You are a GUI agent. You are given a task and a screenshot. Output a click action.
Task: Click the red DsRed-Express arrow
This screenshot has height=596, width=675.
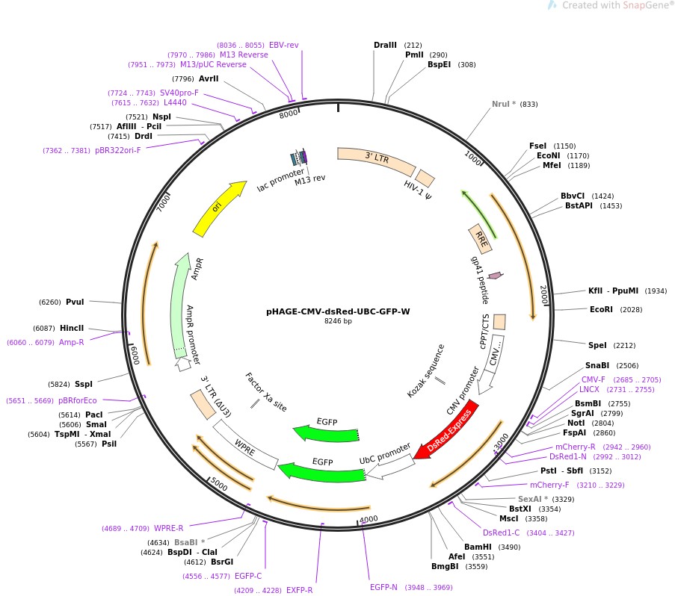tap(446, 432)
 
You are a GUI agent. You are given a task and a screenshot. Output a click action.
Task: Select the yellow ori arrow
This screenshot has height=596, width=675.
tap(218, 208)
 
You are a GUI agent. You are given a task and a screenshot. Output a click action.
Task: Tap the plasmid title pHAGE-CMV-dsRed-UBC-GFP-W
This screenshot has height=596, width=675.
tap(338, 312)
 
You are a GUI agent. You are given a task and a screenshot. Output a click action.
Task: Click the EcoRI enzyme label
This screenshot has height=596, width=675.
tap(600, 309)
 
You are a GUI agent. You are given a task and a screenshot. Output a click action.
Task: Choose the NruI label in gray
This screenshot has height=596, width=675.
tap(504, 104)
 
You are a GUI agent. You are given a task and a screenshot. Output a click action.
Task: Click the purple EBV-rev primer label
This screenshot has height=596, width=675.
tap(283, 45)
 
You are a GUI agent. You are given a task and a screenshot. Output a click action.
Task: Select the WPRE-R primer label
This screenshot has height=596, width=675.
tap(168, 528)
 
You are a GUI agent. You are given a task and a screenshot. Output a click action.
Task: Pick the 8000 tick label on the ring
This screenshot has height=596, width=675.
tap(289, 114)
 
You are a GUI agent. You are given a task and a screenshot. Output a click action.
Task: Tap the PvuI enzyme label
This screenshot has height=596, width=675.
tap(75, 302)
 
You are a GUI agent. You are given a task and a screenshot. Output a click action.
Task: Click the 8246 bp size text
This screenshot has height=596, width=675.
tap(338, 322)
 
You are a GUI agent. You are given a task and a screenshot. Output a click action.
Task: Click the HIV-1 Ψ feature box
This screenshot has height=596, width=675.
tap(425, 179)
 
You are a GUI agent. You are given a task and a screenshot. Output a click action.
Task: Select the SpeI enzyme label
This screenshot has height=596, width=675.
tap(597, 345)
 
